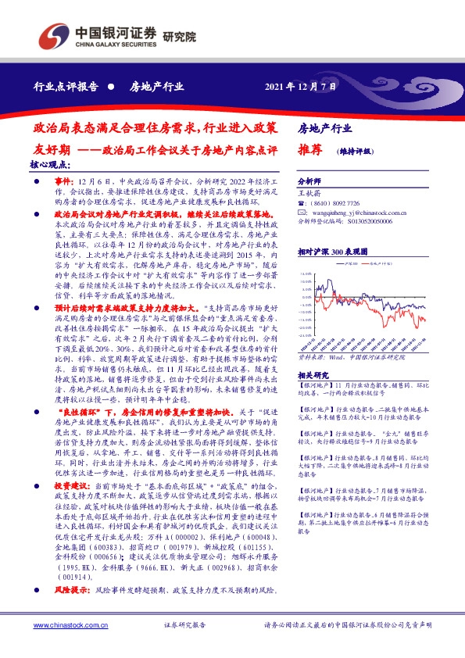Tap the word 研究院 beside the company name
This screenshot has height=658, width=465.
(180, 37)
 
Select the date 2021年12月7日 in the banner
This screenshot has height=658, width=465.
(300, 87)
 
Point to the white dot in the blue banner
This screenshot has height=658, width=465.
(113, 87)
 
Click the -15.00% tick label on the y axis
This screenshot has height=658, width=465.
(312, 311)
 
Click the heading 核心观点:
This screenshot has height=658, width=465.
(49, 165)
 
